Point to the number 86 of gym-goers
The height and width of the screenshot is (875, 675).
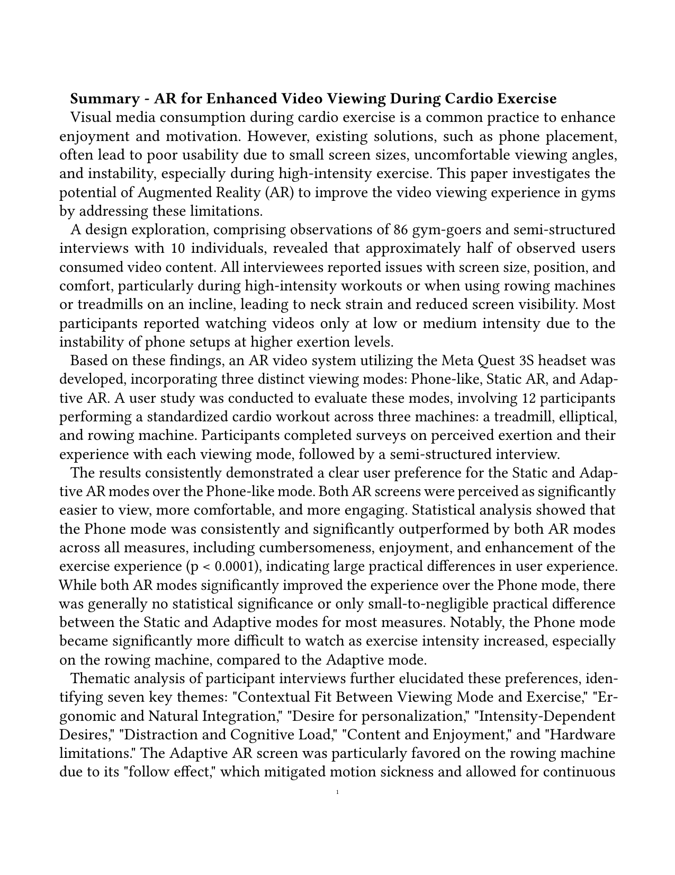coord(401,229)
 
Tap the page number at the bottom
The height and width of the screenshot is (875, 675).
coord(337,793)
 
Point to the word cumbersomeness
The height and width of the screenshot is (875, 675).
coord(311,547)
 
